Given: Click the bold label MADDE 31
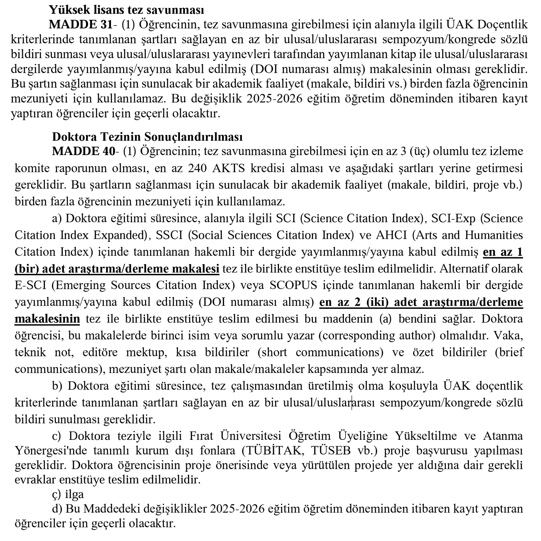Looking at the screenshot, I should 81,25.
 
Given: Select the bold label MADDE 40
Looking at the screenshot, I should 83,151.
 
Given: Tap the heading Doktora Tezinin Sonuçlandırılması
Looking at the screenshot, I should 147,137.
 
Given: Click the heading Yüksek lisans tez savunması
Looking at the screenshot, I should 126,10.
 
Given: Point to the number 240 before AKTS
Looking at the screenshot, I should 197,168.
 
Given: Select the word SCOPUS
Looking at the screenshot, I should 293,285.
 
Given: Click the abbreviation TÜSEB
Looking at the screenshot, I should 331,451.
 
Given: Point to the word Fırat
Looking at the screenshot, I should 201,436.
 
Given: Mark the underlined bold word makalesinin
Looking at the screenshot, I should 47,319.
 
